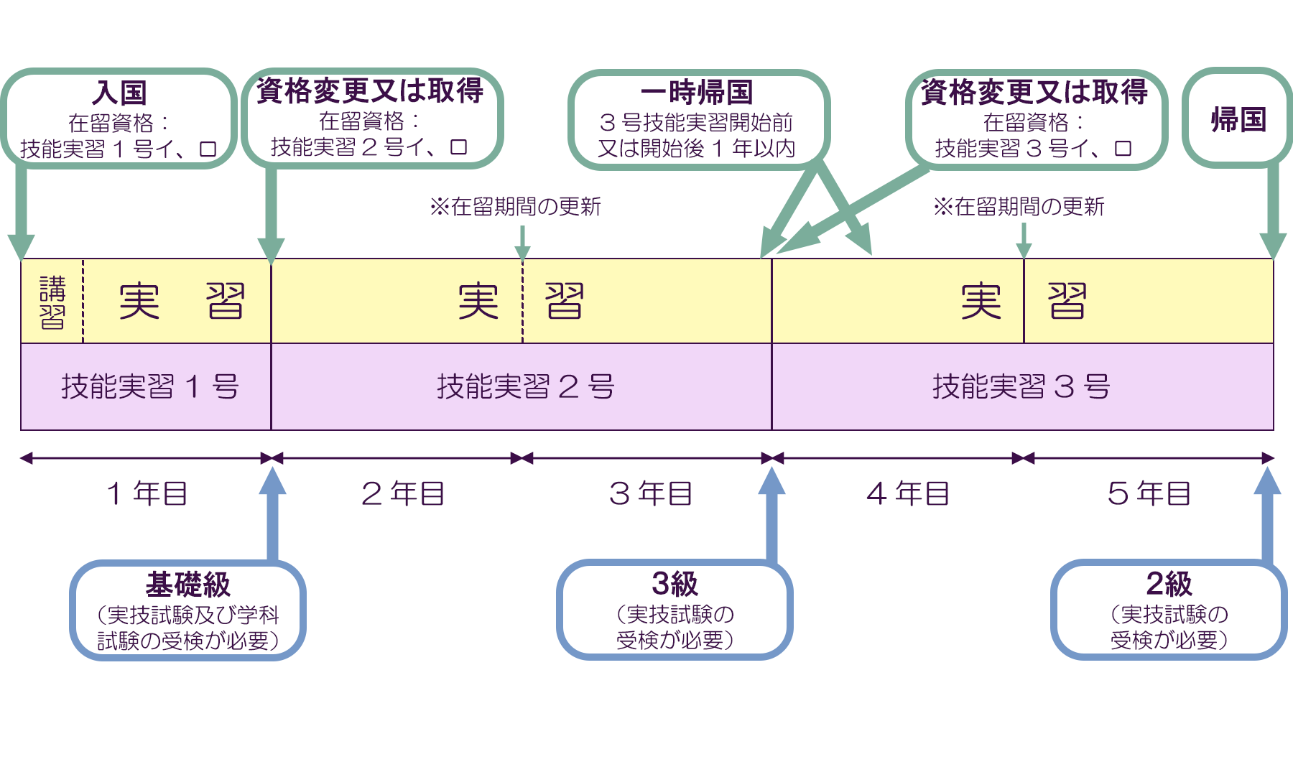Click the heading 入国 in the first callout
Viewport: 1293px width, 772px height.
point(119,93)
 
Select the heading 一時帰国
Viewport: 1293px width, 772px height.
point(697,93)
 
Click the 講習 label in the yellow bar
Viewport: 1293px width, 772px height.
point(52,302)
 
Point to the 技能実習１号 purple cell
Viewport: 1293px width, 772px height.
point(149,387)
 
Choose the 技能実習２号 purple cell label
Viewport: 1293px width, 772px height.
point(525,387)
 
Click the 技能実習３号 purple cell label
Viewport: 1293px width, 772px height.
point(1021,387)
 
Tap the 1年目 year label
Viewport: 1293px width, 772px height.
point(147,494)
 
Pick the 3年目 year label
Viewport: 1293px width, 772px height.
point(650,494)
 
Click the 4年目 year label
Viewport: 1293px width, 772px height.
point(907,494)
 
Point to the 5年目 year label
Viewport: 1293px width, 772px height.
point(1149,494)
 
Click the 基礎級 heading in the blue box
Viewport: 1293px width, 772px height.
point(187,585)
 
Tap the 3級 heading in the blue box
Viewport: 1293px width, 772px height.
point(675,584)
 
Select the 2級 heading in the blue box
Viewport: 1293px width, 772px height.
point(1169,584)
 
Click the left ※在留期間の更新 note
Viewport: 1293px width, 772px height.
point(515,207)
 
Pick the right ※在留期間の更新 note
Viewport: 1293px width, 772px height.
point(1019,207)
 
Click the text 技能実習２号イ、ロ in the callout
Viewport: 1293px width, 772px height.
point(369,147)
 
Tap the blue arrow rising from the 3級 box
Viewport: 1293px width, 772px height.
point(771,517)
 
